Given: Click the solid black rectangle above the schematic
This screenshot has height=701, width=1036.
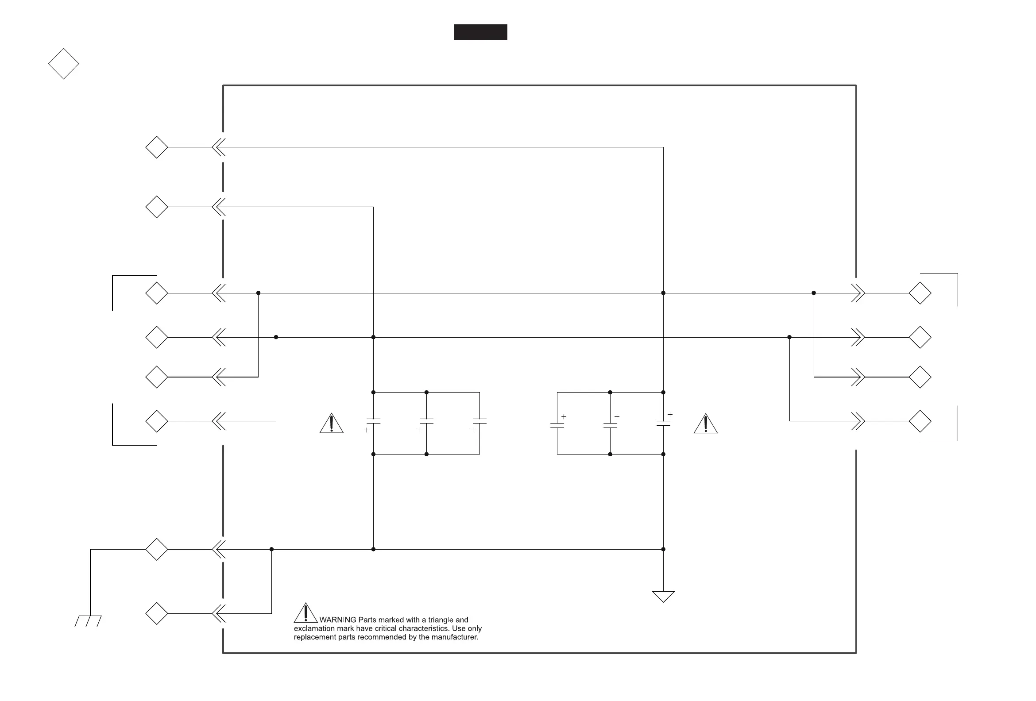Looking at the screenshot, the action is pos(480,32).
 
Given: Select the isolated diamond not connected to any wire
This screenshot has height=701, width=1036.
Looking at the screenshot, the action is pos(64,64).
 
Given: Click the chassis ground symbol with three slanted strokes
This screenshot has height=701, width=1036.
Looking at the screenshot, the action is pos(88,621).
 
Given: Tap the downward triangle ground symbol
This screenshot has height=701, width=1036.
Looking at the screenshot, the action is pos(663,597).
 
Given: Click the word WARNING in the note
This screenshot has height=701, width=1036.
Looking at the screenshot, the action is pos(338,620).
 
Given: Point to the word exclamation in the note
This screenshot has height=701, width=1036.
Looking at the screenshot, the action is pos(311,628).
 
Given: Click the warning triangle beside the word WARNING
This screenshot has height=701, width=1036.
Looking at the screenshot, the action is pos(306,613).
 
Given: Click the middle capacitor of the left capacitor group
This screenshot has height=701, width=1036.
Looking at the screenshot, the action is pos(427,421).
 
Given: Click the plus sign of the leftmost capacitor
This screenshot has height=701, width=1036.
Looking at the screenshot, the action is pos(367,430).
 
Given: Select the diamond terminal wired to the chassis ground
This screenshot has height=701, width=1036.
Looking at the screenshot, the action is pos(157,549).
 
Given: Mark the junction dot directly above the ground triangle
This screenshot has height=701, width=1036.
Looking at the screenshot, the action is pos(663,549).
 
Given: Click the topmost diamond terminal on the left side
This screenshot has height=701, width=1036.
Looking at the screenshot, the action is pos(157,147).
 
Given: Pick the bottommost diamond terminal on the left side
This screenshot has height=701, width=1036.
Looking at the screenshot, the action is pos(157,614).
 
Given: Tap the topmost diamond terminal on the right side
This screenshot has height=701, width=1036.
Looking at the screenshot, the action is pos(920,293).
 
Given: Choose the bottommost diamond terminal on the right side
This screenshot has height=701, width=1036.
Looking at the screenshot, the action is pos(920,421).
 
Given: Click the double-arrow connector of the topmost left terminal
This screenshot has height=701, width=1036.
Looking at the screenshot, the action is pos(218,147).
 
